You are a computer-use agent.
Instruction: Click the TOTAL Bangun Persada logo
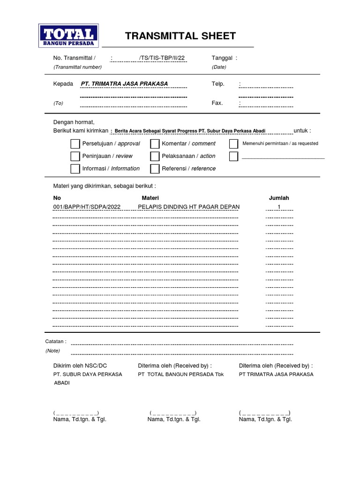pyautogui.click(x=68, y=36)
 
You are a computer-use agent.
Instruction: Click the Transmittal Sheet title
pyautogui.click(x=180, y=37)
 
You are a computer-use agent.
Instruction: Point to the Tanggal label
pyautogui.click(x=222, y=58)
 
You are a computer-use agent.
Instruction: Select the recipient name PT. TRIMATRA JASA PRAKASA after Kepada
pyautogui.click(x=124, y=84)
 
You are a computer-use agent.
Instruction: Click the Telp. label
pyautogui.click(x=218, y=84)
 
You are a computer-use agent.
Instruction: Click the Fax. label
pyautogui.click(x=217, y=103)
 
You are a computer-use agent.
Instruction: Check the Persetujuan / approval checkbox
pyautogui.click(x=75, y=144)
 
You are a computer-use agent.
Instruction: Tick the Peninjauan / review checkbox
pyautogui.click(x=75, y=156)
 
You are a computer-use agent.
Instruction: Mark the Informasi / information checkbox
pyautogui.click(x=75, y=169)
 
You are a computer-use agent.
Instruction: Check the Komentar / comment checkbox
pyautogui.click(x=155, y=144)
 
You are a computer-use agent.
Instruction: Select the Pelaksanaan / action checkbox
pyautogui.click(x=155, y=156)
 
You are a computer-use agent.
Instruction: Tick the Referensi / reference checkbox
pyautogui.click(x=155, y=169)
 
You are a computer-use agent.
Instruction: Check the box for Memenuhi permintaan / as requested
pyautogui.click(x=233, y=144)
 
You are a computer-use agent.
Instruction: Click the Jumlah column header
pyautogui.click(x=279, y=198)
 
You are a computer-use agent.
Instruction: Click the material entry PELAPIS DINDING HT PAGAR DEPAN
pyautogui.click(x=188, y=207)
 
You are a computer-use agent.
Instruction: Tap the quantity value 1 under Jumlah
pyautogui.click(x=279, y=207)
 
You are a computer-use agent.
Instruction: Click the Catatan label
pyautogui.click(x=55, y=341)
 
